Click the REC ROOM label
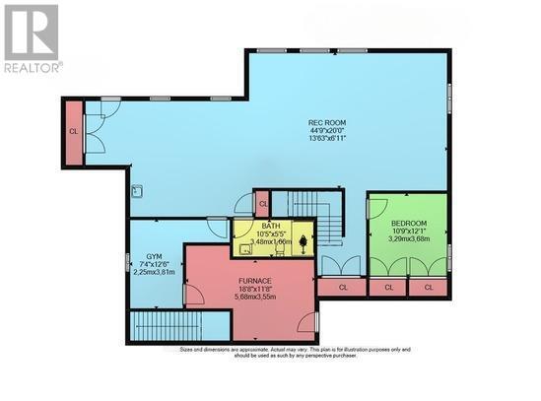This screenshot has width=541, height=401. [x=327, y=123]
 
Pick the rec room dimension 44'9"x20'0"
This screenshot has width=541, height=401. [x=327, y=132]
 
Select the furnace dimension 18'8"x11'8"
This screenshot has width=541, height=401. [x=254, y=289]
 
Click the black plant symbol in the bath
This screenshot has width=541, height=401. [x=303, y=237]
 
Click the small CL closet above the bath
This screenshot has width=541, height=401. [x=262, y=205]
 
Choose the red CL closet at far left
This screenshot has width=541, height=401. [x=73, y=131]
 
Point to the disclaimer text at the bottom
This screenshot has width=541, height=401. [x=296, y=352]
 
